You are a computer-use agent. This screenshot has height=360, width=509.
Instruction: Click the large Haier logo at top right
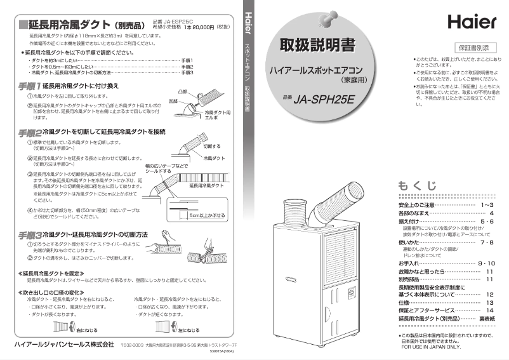tap(472, 23)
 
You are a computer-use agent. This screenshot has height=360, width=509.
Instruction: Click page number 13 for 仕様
tap(489, 303)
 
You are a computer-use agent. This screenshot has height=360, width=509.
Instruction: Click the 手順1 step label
tap(29, 85)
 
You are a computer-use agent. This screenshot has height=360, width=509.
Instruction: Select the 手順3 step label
tap(29, 234)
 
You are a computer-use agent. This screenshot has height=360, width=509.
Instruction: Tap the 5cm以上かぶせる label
tap(207, 215)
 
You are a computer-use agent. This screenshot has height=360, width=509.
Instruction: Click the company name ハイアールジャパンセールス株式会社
tap(60, 343)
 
